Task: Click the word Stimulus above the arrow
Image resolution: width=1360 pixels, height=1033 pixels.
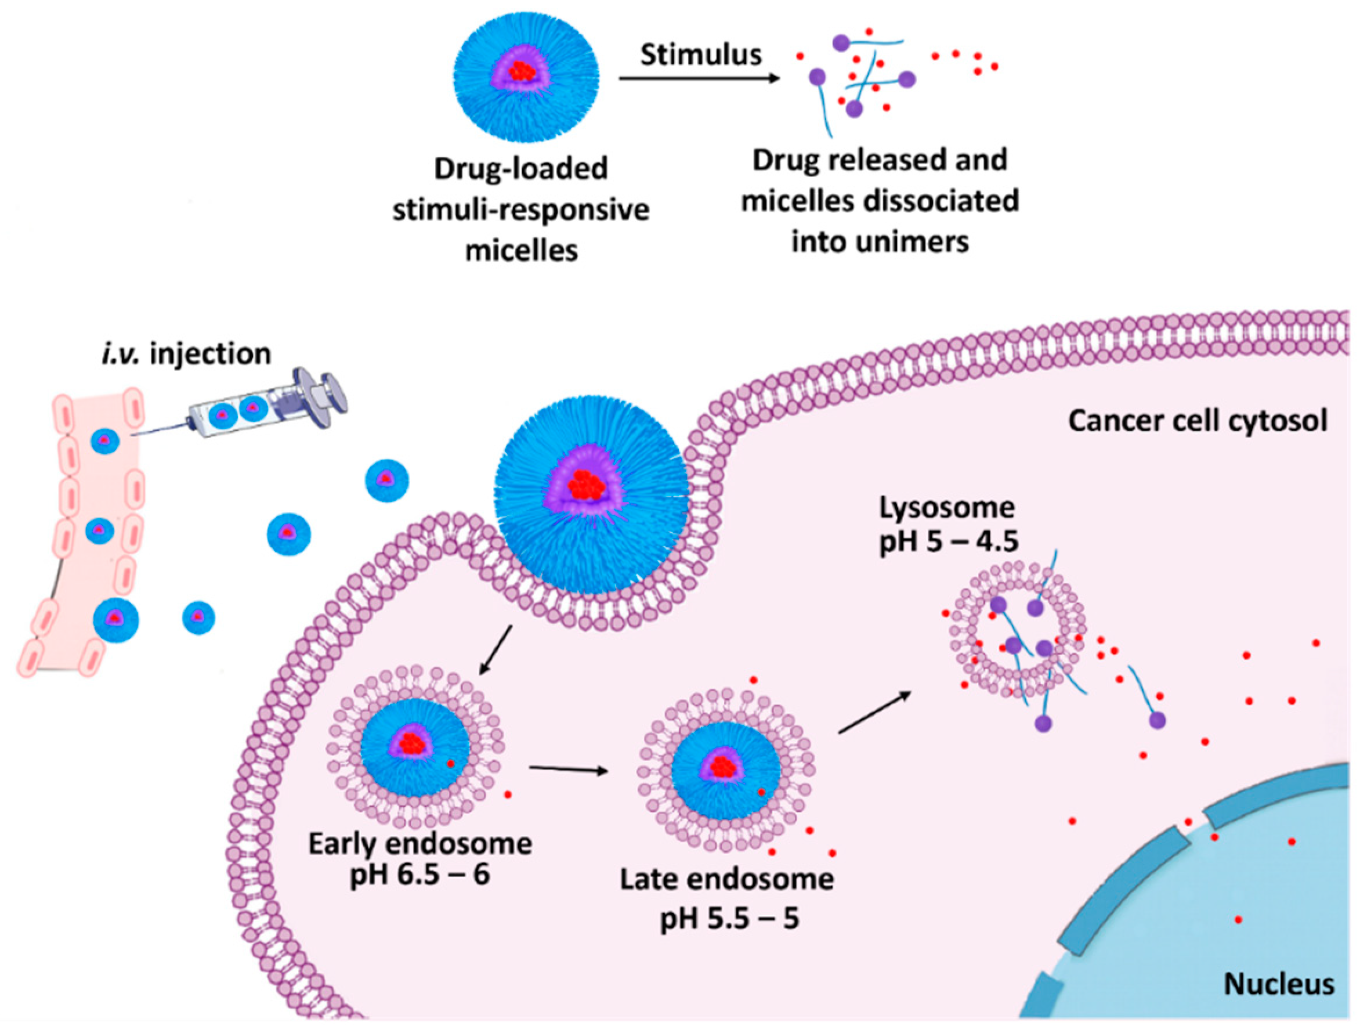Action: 701,55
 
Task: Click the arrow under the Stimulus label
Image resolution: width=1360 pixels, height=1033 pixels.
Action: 699,79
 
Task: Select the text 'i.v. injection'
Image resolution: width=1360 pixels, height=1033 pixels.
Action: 186,354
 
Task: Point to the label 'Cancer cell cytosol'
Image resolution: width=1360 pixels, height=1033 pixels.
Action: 1198,421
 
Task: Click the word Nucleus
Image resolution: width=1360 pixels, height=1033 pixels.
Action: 1279,984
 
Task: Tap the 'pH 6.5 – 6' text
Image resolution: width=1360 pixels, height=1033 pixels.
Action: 420,874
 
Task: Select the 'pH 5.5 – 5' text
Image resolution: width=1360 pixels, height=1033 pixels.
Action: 729,919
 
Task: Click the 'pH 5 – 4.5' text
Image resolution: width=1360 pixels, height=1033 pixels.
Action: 948,541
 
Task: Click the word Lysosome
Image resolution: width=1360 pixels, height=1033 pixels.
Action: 947,508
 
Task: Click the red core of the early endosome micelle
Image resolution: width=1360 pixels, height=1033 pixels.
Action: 413,743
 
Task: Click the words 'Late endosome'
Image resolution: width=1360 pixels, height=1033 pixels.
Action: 727,879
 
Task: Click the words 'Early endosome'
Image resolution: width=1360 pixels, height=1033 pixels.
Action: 420,844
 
